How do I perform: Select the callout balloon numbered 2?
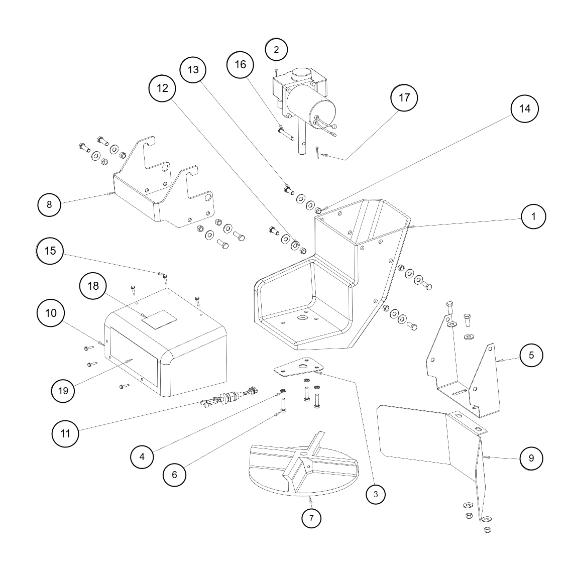[276, 49]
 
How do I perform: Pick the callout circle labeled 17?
[404, 97]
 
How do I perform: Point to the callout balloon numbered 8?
[49, 204]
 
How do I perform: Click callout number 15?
[50, 251]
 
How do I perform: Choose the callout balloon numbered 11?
[66, 432]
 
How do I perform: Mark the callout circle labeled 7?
[311, 518]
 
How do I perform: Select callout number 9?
[531, 458]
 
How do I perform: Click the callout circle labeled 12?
[162, 88]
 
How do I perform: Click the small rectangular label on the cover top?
[159, 319]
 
